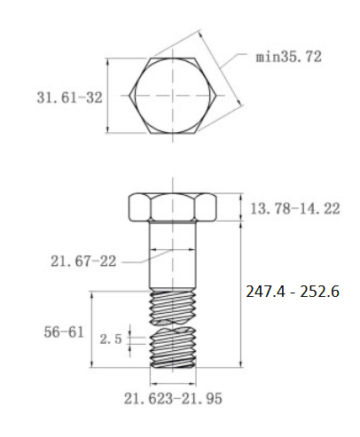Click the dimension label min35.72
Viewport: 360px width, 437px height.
288,57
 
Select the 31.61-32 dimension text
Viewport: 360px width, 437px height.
69,98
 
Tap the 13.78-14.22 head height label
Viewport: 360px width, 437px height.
295,208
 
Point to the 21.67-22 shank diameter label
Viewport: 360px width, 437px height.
83,261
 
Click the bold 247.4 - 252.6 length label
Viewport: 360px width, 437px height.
293,292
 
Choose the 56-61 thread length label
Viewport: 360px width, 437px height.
64,332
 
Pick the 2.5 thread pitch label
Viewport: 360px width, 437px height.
111,339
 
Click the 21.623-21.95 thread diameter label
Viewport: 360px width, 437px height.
173,398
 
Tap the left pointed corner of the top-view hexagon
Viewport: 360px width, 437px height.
129,96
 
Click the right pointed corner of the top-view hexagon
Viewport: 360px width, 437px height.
216,96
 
